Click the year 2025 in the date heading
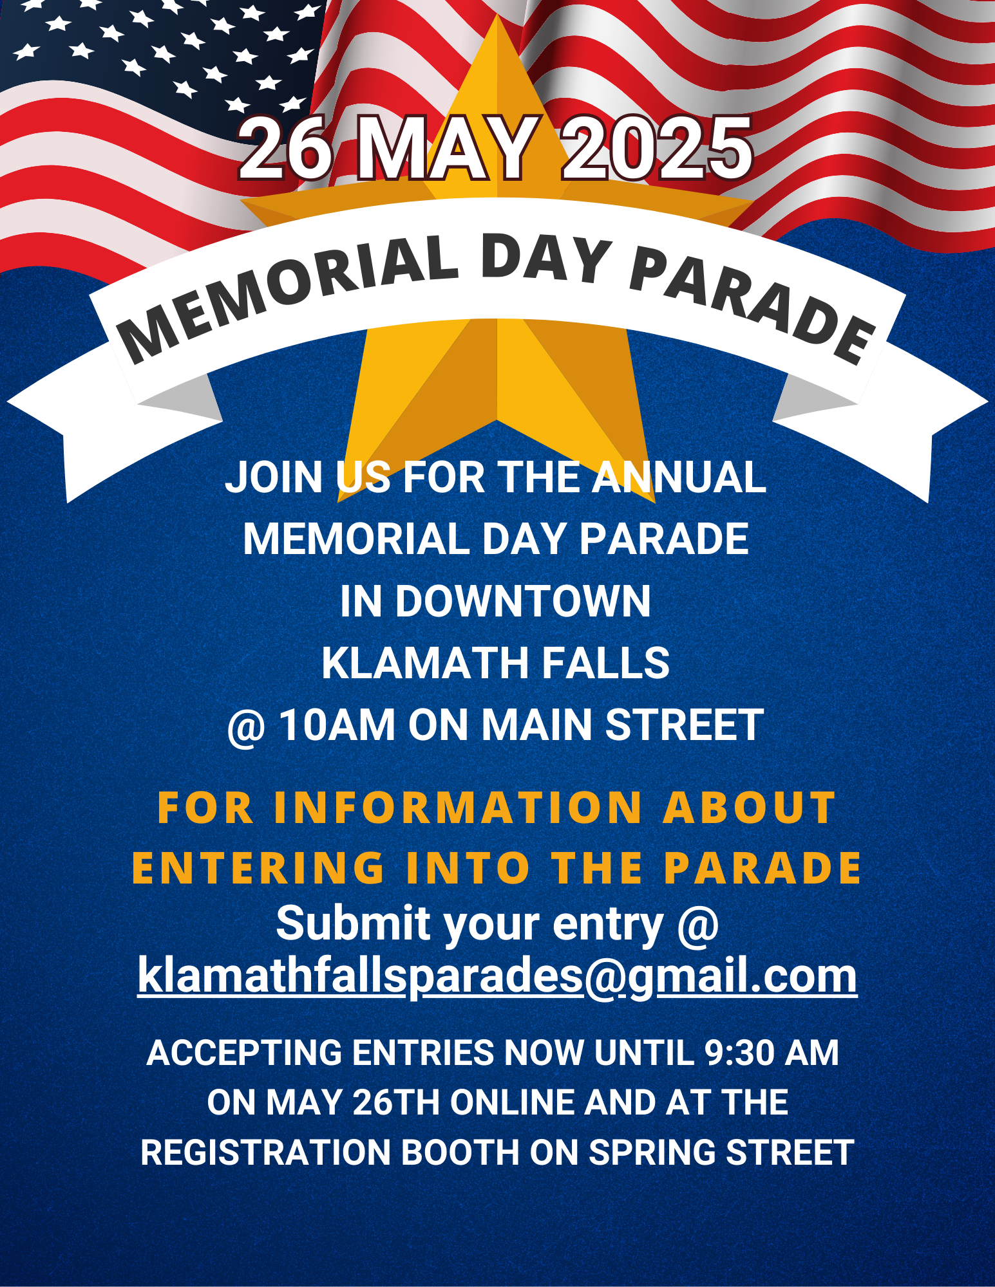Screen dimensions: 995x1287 657,149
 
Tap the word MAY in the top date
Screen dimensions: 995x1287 444,149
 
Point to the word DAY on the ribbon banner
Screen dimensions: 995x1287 545,258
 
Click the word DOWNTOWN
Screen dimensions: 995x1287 523,601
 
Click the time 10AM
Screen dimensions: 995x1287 337,725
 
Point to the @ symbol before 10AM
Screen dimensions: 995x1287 247,727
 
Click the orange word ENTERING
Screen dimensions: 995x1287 258,868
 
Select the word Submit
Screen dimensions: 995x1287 353,924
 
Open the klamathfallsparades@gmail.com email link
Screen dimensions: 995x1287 497,976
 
